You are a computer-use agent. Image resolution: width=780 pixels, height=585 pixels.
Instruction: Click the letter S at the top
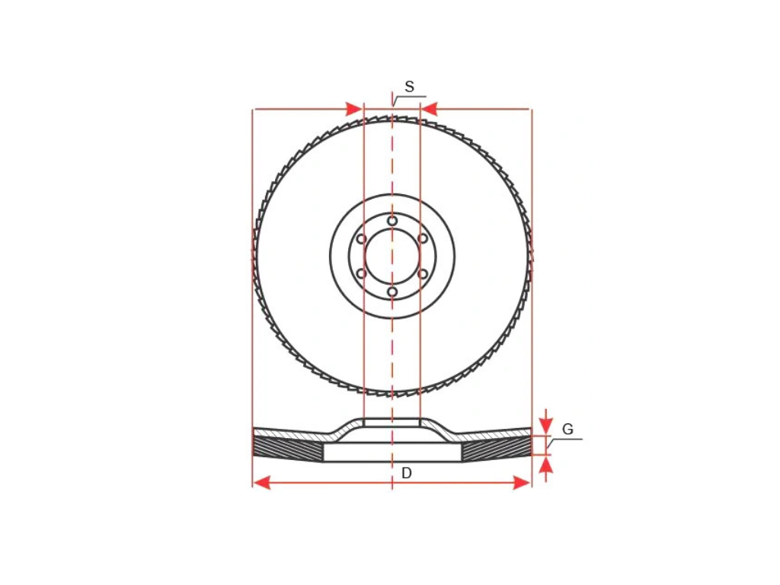[x=409, y=87]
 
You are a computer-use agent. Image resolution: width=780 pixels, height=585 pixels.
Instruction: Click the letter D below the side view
[x=407, y=473]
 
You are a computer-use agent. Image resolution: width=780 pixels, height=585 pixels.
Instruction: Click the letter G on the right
[x=567, y=429]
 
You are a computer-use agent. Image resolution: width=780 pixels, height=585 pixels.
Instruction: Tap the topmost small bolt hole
[x=392, y=220]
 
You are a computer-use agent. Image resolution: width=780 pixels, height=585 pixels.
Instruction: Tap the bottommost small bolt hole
[x=392, y=292]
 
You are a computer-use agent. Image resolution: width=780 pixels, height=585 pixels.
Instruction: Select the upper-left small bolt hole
[x=362, y=238]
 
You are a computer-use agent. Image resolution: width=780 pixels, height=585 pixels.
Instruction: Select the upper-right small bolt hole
[x=423, y=238]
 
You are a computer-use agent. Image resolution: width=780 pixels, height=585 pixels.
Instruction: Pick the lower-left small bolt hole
[x=362, y=273]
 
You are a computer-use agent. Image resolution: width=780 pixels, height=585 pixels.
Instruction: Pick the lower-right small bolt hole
[x=423, y=273]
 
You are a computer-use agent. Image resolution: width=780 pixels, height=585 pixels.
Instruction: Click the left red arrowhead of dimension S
[x=353, y=108]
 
